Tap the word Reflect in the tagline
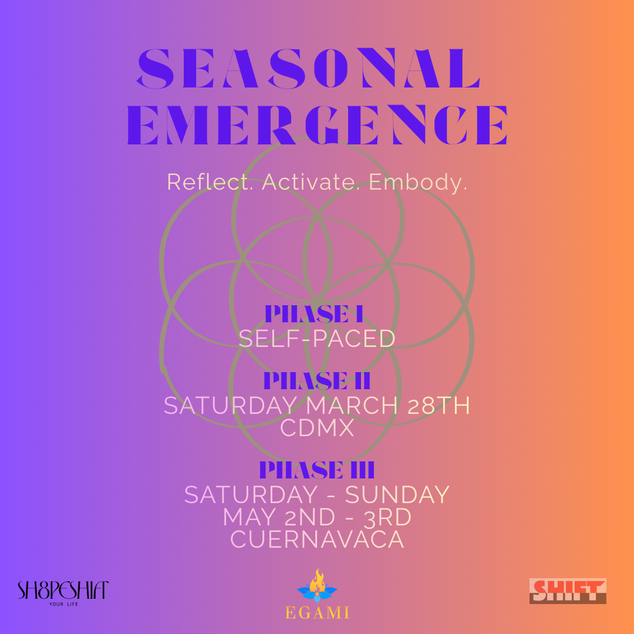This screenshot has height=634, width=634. tap(210, 182)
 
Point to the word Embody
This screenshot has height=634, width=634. tap(418, 182)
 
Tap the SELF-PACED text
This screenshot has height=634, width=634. tap(317, 339)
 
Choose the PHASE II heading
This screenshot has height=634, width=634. tap(317, 380)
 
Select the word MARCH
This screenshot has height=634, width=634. tap(352, 406)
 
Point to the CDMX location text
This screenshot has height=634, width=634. tap(317, 428)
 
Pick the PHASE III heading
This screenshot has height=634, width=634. tap(317, 470)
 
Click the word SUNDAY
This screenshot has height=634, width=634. tap(397, 495)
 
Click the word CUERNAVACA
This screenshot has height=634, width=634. tap(317, 539)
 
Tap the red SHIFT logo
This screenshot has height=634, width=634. tap(568, 591)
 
